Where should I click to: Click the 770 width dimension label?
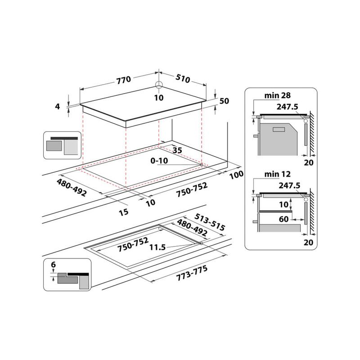123,80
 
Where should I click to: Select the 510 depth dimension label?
183,79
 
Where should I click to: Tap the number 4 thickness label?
58,107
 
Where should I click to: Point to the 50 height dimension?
224,101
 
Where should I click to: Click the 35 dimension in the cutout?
177,151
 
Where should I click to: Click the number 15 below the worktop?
123,211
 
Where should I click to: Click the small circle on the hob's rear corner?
158,85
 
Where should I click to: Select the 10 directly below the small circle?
158,98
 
